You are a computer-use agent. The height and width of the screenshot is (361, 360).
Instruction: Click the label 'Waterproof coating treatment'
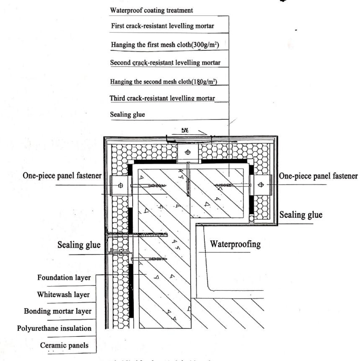[151, 10]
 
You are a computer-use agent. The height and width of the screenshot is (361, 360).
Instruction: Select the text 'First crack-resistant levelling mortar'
[162, 26]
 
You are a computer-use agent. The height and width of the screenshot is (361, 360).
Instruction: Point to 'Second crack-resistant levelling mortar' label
[165, 63]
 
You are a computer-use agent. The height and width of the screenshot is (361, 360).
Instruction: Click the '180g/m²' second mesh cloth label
[204, 82]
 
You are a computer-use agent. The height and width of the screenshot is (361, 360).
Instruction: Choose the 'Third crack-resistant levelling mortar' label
[162, 98]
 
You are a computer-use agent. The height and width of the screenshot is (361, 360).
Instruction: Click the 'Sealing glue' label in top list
[127, 115]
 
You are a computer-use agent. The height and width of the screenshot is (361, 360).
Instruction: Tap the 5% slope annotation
[184, 130]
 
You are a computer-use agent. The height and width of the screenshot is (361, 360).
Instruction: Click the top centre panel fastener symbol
[188, 152]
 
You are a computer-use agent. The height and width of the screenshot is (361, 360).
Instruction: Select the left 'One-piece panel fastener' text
[62, 176]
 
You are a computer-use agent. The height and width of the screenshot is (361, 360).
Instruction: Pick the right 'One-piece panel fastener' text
[318, 176]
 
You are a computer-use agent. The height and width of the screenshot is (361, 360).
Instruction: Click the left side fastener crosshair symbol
[121, 185]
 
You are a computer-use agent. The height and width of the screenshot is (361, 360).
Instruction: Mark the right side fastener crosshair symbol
[261, 185]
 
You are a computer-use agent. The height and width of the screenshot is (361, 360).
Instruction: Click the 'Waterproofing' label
[235, 244]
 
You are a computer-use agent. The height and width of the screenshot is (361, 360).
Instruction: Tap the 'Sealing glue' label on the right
[301, 215]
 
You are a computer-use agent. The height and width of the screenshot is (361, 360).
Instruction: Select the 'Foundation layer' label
[64, 278]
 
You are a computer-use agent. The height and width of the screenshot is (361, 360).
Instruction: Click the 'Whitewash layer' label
[63, 295]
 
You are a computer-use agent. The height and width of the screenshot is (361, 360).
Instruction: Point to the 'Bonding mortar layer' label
[58, 311]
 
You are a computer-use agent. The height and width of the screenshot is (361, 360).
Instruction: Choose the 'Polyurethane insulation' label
[54, 328]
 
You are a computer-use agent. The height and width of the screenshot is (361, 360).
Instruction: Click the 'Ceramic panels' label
[64, 345]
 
